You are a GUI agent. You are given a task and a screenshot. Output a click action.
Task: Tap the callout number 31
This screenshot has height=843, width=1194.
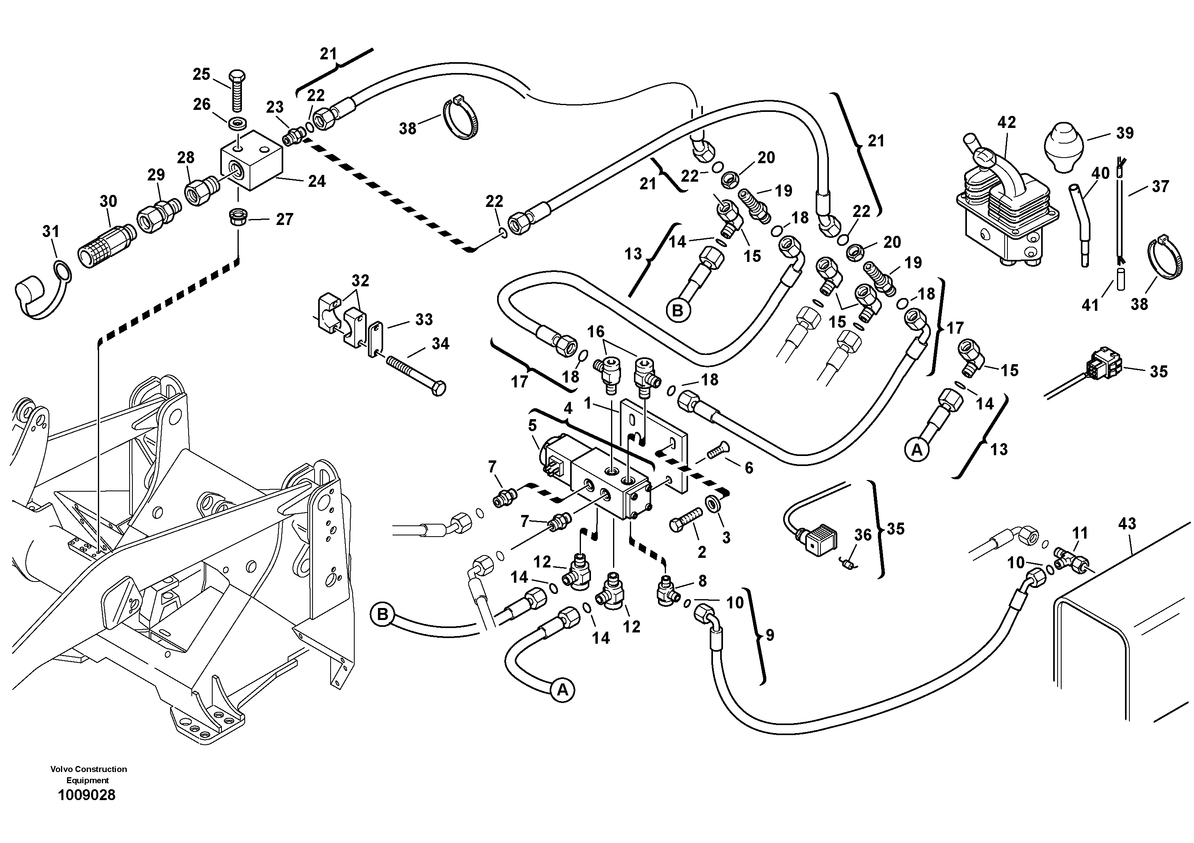pos(51,231)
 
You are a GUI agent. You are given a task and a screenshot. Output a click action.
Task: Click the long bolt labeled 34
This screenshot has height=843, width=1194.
pos(416,373)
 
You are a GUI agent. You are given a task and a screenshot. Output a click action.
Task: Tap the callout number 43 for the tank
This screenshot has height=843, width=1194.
pos(1127,524)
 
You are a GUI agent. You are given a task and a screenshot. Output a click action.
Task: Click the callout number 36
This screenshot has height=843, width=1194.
pos(863,535)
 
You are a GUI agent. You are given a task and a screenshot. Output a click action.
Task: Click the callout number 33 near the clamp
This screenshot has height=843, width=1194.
pos(424,319)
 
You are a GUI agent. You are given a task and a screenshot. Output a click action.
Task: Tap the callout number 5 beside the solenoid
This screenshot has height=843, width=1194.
pos(532,426)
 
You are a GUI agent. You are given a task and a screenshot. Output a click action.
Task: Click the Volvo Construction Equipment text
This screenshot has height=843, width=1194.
pos(88,774)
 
